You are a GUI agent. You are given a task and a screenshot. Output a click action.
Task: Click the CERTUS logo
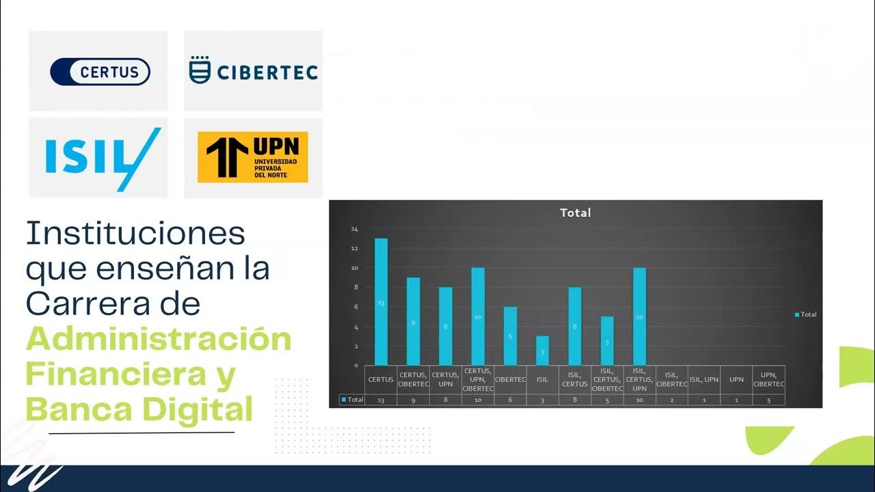(100, 72)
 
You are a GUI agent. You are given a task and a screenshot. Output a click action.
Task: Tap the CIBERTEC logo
(253, 70)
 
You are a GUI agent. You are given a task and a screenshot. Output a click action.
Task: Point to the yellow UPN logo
(252, 157)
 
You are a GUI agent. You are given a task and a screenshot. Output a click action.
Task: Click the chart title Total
(575, 213)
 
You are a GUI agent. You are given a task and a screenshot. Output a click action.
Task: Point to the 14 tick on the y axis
(354, 229)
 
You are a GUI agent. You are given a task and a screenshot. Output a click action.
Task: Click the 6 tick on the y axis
(355, 307)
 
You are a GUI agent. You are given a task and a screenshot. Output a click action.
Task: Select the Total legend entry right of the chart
(805, 314)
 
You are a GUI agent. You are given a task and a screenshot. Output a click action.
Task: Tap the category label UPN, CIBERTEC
(768, 379)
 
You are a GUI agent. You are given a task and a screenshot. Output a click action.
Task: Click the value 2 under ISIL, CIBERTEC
(671, 400)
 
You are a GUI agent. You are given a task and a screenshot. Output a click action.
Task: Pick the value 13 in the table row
(381, 400)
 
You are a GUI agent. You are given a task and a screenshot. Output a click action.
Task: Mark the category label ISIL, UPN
(703, 379)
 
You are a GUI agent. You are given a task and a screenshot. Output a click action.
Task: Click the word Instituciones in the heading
(135, 234)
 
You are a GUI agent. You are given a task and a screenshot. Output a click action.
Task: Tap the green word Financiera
(130, 374)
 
